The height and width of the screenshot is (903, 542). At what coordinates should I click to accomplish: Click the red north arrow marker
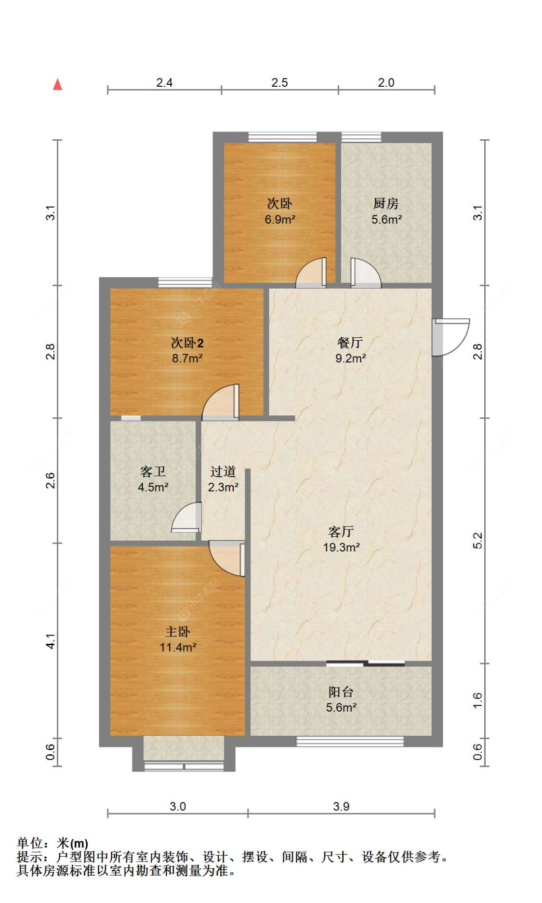pos(57,84)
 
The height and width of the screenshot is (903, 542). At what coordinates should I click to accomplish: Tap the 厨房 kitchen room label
pos(386,203)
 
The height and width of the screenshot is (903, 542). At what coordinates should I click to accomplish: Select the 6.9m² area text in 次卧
pos(280,219)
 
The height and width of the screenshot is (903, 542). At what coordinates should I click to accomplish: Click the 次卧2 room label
pos(187,343)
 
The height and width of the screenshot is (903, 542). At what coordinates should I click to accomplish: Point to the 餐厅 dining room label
pos(350,343)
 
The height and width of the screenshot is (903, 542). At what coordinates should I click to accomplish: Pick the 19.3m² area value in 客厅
pos(342,547)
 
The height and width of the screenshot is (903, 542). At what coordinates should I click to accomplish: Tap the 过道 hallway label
pos(223,471)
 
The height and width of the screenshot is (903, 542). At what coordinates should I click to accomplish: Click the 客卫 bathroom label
pos(153,471)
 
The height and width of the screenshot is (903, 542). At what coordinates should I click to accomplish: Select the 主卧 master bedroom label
pos(178,631)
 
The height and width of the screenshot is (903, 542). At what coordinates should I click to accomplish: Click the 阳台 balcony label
pos(341,692)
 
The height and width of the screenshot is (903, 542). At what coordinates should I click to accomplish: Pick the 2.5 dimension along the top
pos(279,82)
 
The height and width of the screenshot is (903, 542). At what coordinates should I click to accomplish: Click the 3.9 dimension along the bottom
pos(341,806)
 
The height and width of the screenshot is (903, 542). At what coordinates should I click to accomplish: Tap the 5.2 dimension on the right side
pos(477,541)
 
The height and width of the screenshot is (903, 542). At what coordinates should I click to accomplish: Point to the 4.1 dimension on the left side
pos(51,641)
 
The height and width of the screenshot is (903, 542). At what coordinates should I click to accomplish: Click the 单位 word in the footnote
pos(30,843)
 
